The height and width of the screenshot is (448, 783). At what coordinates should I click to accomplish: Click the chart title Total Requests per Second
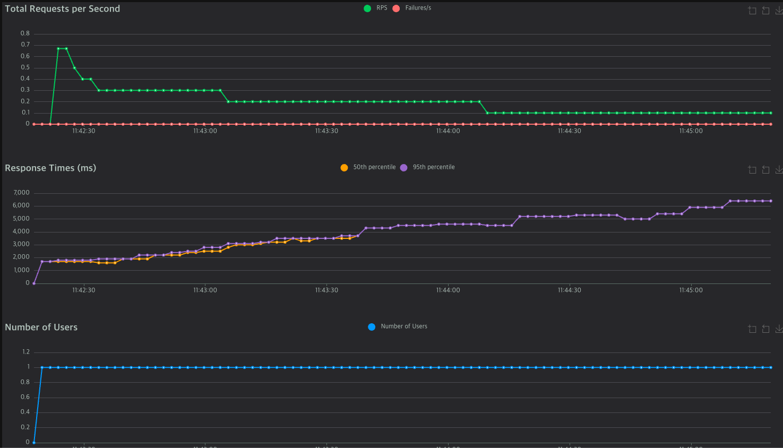click(x=62, y=8)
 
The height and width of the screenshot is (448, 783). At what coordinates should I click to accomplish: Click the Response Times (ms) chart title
click(x=50, y=168)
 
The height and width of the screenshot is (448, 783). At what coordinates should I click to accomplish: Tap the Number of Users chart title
click(x=41, y=327)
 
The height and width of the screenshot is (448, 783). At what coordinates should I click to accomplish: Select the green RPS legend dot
click(x=367, y=8)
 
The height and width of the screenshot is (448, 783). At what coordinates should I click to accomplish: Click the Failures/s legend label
click(x=418, y=8)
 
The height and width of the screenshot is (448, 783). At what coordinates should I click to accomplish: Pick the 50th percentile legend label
click(x=374, y=167)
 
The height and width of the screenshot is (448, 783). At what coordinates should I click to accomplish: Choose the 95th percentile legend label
click(x=433, y=167)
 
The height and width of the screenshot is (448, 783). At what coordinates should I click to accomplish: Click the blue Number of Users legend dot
click(x=372, y=326)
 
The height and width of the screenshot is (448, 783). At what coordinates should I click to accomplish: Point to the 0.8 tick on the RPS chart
click(x=25, y=33)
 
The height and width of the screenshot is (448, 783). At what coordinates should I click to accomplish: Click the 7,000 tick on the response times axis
click(x=21, y=193)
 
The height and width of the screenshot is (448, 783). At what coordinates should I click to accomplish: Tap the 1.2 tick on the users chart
click(x=25, y=352)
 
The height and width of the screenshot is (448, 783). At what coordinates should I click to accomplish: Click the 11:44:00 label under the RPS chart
click(x=448, y=131)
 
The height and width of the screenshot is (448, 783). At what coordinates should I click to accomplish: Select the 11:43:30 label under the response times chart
click(x=326, y=290)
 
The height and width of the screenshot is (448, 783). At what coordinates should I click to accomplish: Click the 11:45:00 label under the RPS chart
click(x=691, y=131)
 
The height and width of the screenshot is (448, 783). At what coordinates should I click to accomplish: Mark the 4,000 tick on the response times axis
click(x=21, y=231)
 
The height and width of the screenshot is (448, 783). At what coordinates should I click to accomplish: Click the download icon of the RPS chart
click(x=779, y=10)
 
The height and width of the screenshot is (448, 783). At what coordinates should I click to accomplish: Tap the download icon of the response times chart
click(x=779, y=169)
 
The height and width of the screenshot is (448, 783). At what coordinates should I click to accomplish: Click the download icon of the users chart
click(x=779, y=329)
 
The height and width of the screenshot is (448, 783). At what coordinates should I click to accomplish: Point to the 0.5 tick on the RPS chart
click(x=25, y=67)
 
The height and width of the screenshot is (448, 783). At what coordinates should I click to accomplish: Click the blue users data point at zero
click(x=34, y=442)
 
